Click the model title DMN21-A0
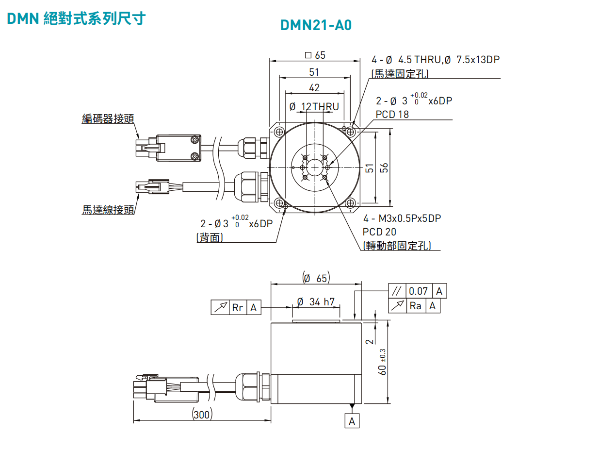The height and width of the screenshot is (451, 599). pyautogui.click(x=315, y=25)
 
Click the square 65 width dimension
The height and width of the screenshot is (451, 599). pyautogui.click(x=315, y=55)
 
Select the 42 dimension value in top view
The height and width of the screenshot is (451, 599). pyautogui.click(x=314, y=88)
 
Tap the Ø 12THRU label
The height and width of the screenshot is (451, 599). pyautogui.click(x=314, y=107)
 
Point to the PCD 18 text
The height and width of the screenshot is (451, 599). pyautogui.click(x=392, y=115)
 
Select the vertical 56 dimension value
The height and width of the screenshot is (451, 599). pyautogui.click(x=384, y=167)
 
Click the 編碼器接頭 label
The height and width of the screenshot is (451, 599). pyautogui.click(x=108, y=118)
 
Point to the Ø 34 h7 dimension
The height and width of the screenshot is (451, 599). pyautogui.click(x=316, y=302)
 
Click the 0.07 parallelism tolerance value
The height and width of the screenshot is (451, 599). pyautogui.click(x=418, y=291)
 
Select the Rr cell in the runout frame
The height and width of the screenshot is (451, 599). pyautogui.click(x=238, y=308)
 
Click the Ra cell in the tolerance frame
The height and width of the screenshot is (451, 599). pyautogui.click(x=416, y=306)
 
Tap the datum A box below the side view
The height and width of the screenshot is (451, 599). pyautogui.click(x=352, y=421)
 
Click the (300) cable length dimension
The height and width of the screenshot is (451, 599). pyautogui.click(x=202, y=415)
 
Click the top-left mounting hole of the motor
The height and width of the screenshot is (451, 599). pyautogui.click(x=279, y=132)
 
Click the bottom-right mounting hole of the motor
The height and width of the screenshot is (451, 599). pyautogui.click(x=350, y=203)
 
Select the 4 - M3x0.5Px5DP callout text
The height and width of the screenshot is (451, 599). pyautogui.click(x=402, y=218)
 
